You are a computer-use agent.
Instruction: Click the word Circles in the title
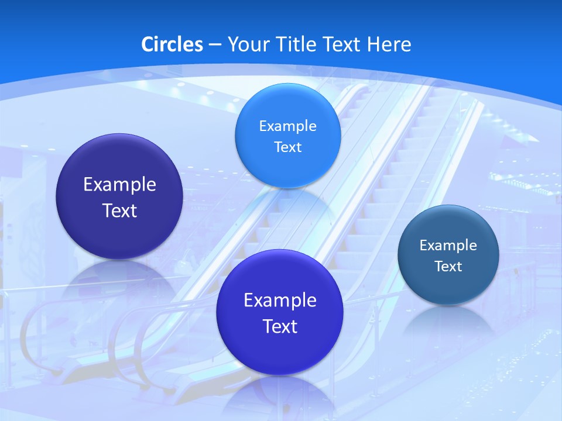click(x=172, y=44)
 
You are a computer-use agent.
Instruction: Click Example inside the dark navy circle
click(x=119, y=185)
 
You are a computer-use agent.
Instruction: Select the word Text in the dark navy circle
click(x=119, y=210)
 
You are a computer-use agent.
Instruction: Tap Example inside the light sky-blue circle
click(x=287, y=126)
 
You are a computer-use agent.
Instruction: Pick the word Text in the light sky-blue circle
click(x=287, y=147)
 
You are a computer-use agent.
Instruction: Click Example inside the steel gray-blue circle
click(x=448, y=246)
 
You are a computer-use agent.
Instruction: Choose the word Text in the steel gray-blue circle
click(x=448, y=267)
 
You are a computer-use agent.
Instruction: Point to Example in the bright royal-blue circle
click(x=280, y=301)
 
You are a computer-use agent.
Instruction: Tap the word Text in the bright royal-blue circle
click(x=280, y=326)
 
